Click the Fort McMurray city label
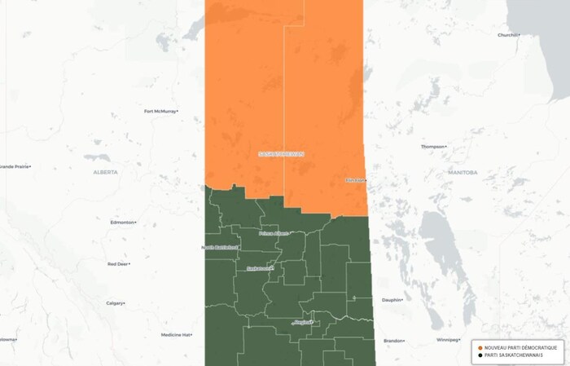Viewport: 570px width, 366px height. click(x=160, y=112)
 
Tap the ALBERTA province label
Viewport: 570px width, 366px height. click(x=105, y=172)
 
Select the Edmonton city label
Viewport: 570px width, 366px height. click(x=123, y=222)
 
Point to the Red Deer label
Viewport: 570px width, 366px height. click(x=118, y=264)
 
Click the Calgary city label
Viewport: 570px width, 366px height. click(x=115, y=303)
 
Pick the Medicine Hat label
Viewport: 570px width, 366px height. click(x=175, y=335)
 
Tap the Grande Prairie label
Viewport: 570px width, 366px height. click(x=15, y=166)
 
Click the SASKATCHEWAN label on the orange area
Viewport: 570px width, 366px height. click(x=280, y=153)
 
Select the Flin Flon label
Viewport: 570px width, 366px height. click(x=355, y=180)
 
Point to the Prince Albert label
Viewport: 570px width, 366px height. click(x=273, y=233)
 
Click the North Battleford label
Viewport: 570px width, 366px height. click(x=220, y=247)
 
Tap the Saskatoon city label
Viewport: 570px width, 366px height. click(x=258, y=267)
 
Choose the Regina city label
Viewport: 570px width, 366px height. click(x=302, y=322)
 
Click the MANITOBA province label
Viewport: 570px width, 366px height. click(x=462, y=173)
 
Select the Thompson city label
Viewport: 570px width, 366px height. click(x=432, y=147)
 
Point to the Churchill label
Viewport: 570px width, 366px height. click(x=508, y=35)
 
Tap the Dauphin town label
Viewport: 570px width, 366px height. click(x=392, y=300)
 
